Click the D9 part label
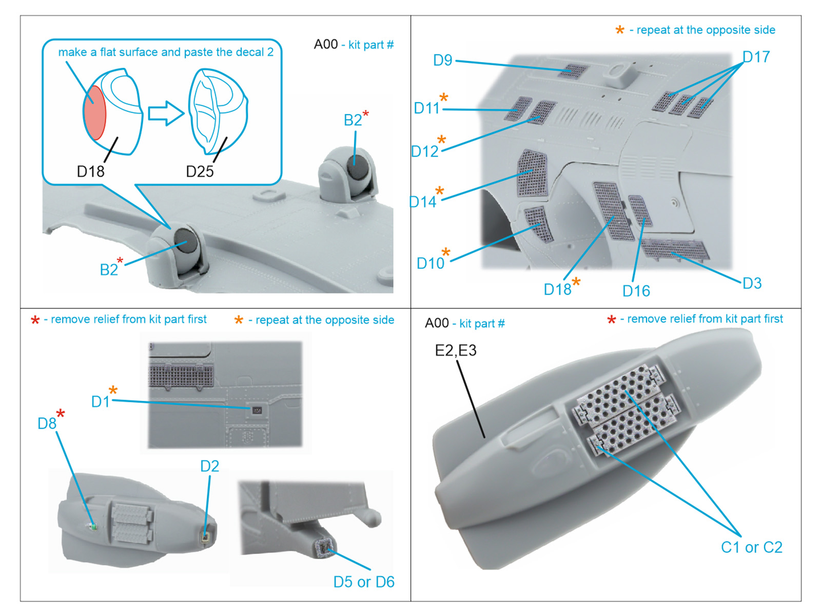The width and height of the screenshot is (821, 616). tap(442, 60)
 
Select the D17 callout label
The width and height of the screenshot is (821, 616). tap(756, 56)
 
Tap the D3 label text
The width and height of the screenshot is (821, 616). tap(752, 283)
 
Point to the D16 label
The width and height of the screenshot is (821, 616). tap(636, 291)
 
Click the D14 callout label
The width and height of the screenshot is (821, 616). tap(423, 202)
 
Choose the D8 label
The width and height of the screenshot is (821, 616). tap(47, 423)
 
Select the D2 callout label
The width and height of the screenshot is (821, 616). tap(209, 466)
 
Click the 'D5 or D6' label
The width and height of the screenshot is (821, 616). tap(363, 582)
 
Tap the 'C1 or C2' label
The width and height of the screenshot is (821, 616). tap(751, 547)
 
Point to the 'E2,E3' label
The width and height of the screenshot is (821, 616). tap(456, 351)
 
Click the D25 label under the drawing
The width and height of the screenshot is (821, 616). tap(200, 171)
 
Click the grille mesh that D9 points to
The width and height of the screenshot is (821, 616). tap(573, 71)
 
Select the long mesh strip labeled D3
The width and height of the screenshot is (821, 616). tap(675, 249)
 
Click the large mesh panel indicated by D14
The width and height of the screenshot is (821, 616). tap(532, 174)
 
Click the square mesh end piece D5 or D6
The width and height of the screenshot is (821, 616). tap(325, 549)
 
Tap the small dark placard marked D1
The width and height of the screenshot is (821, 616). tap(257, 410)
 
